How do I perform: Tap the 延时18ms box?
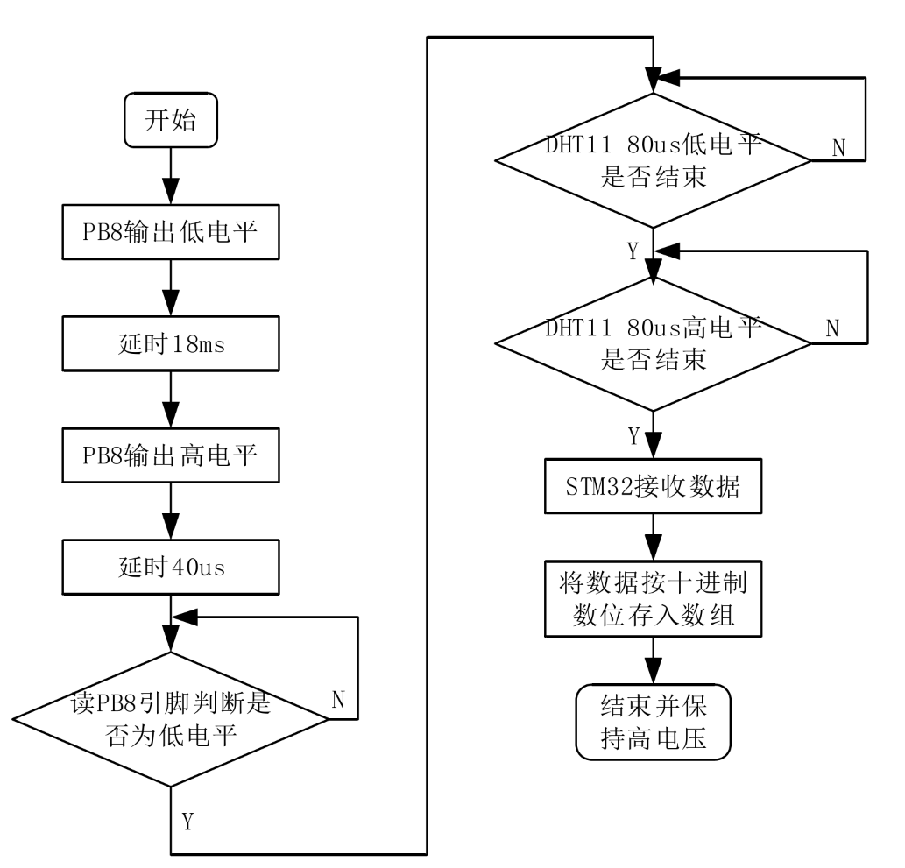pyautogui.click(x=170, y=345)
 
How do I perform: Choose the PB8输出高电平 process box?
pyautogui.click(x=170, y=456)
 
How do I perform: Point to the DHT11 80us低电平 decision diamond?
pyautogui.click(x=654, y=160)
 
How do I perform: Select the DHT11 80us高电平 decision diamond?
pyautogui.click(x=654, y=342)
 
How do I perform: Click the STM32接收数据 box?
pyautogui.click(x=654, y=488)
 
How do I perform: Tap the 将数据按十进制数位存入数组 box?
pyautogui.click(x=654, y=599)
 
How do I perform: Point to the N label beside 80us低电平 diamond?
pyautogui.click(x=838, y=145)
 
